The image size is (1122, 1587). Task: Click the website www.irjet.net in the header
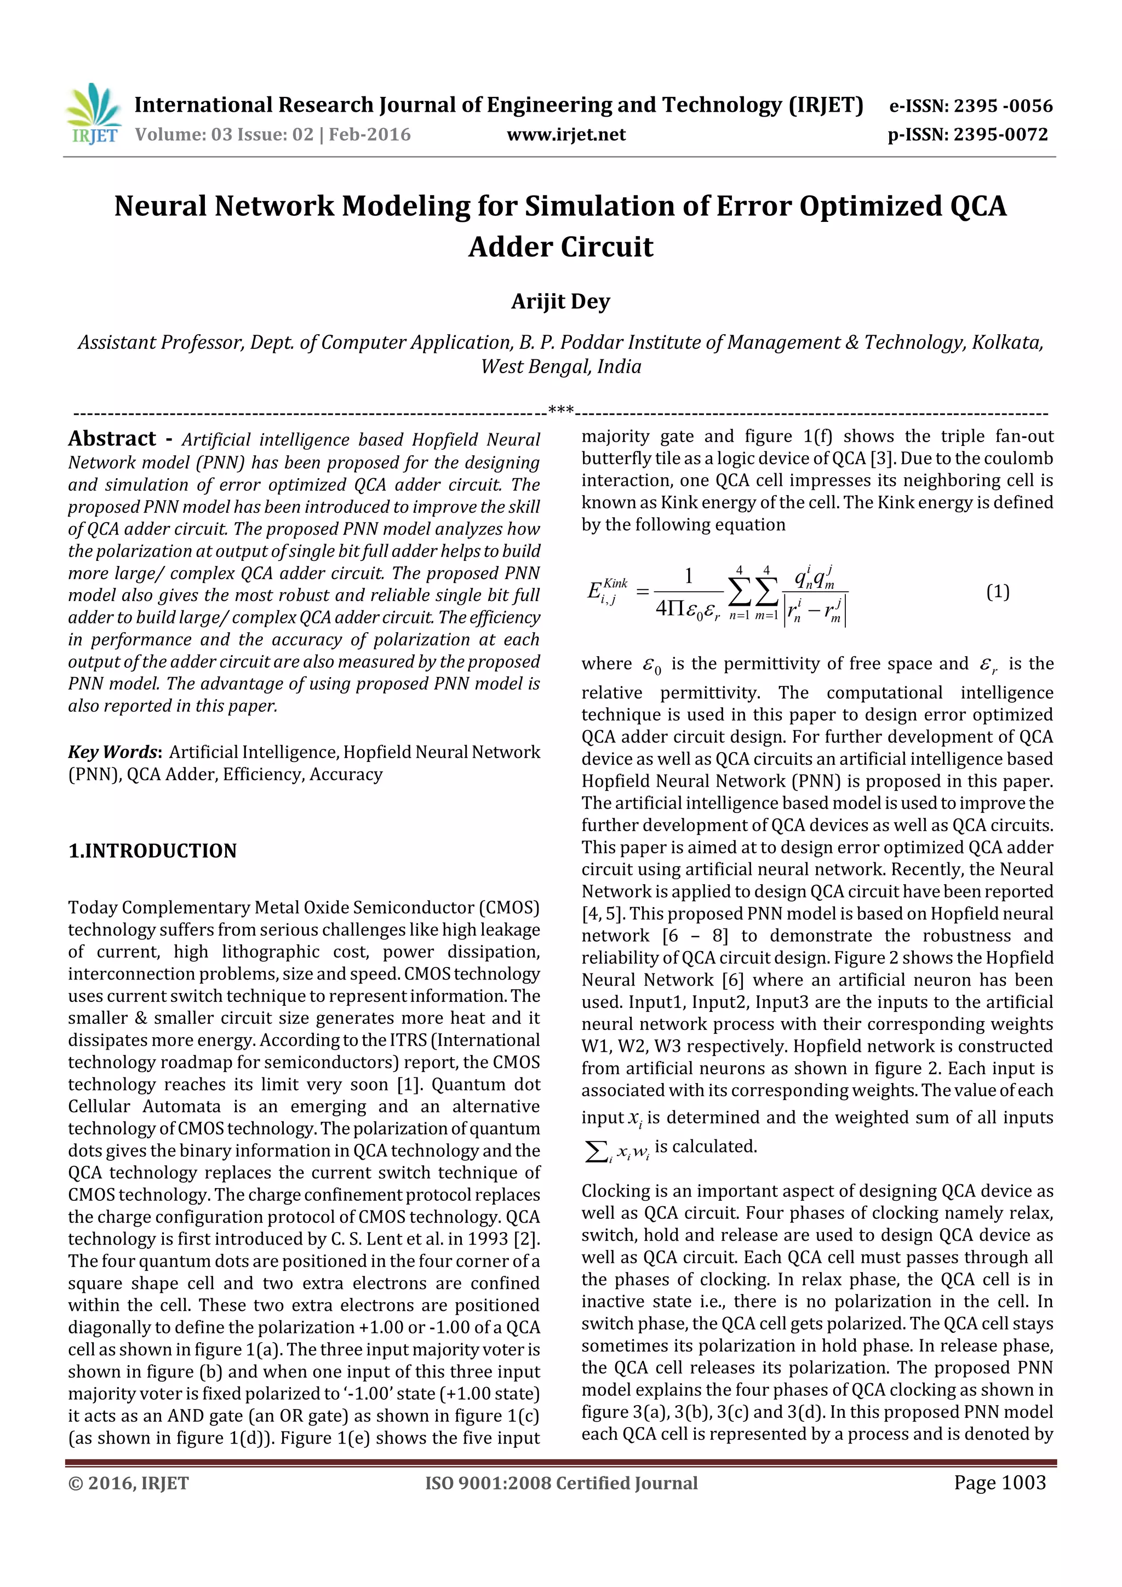566,135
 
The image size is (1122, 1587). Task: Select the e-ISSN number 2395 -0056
1003,106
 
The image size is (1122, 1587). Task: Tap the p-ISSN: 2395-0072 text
968,135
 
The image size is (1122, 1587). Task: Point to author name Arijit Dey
560,302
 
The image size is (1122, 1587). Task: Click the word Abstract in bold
112,439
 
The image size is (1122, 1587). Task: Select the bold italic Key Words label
114,752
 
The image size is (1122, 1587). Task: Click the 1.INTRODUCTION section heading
152,851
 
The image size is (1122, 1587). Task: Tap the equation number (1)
997,592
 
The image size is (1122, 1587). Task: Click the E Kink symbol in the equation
606,591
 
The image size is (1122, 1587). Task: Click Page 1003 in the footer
1000,1482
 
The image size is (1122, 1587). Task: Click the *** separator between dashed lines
560,410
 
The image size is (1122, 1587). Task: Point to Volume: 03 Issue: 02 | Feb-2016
273,135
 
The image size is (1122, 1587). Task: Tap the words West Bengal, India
560,366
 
